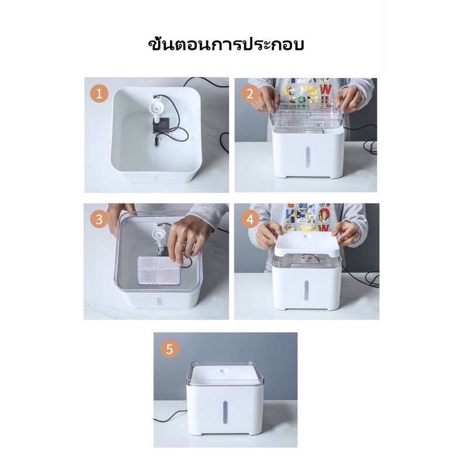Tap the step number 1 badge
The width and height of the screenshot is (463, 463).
click(x=100, y=93)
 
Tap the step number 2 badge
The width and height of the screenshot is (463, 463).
click(x=251, y=93)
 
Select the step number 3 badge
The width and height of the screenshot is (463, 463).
click(x=100, y=220)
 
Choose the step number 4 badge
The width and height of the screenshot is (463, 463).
click(x=251, y=220)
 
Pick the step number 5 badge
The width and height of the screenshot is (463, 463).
click(x=170, y=349)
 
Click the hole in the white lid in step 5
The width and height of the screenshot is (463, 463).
click(x=226, y=371)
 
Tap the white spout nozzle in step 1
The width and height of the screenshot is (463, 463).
click(x=156, y=108)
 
